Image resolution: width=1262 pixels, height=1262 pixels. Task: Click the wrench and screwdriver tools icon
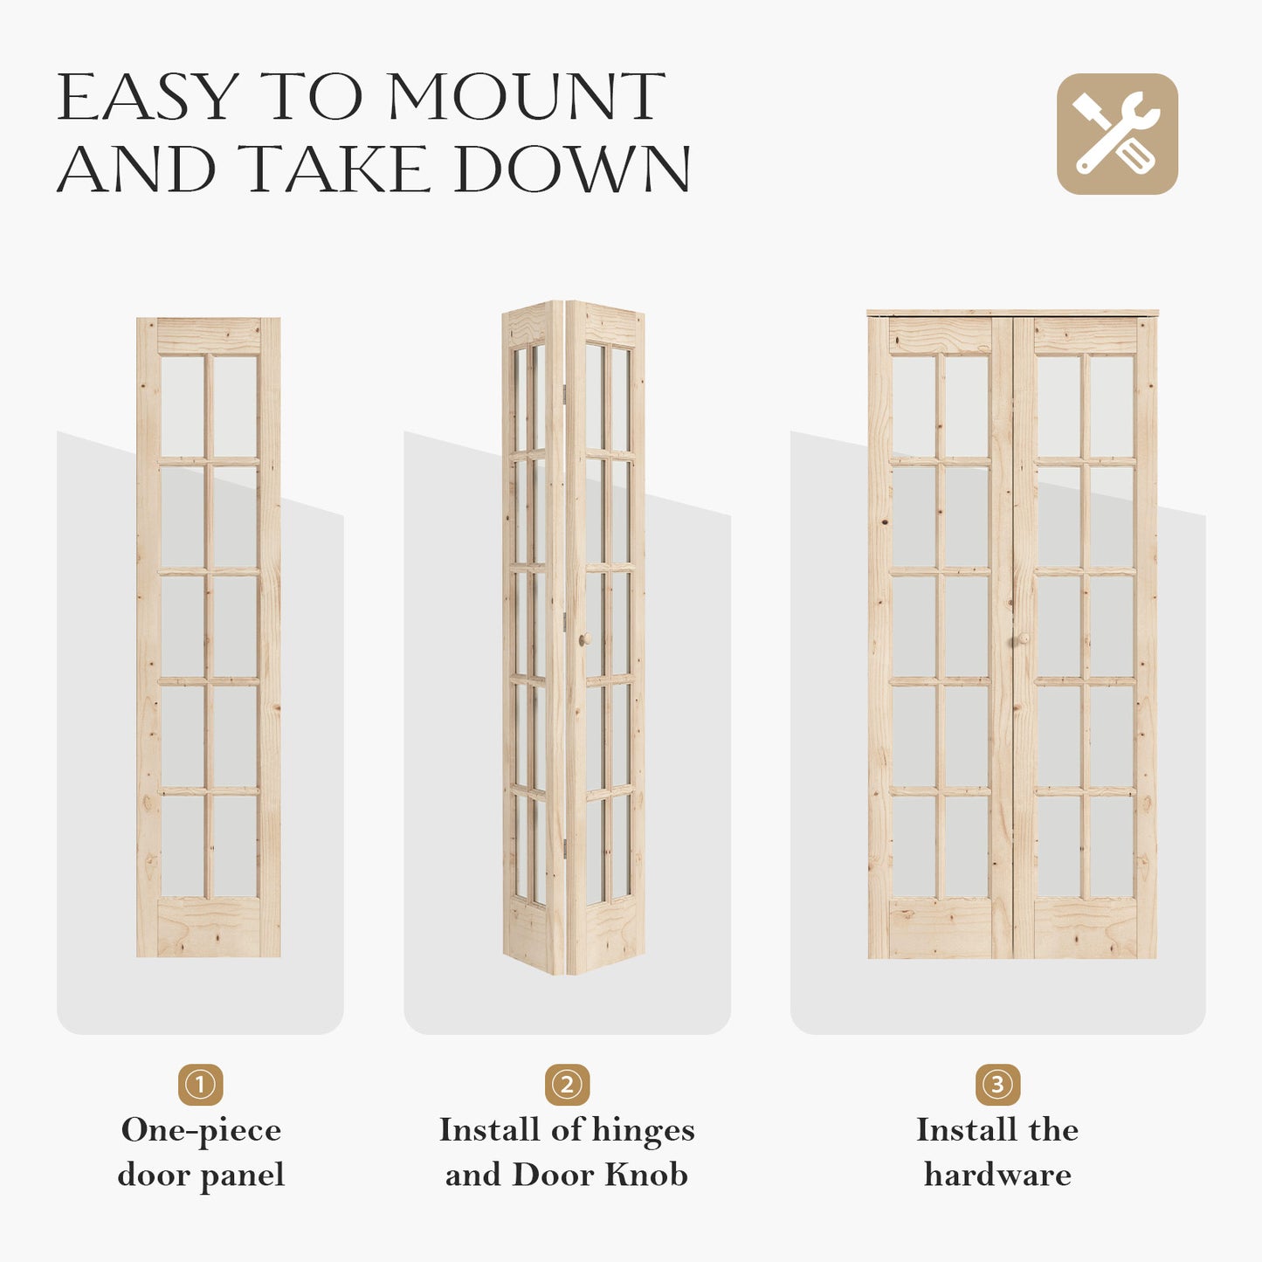point(1117,134)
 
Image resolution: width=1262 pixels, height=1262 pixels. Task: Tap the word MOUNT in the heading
point(526,97)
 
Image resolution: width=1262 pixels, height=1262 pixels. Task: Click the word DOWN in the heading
point(572,169)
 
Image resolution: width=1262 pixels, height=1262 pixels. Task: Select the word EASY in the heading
point(148,97)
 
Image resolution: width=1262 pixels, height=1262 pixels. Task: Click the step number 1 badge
point(200,1085)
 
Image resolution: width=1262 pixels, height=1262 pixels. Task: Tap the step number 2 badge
point(567,1085)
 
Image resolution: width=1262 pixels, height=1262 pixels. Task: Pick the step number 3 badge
point(997,1085)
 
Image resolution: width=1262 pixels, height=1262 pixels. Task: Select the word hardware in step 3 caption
point(997,1175)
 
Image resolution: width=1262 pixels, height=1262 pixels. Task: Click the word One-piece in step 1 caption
point(201,1131)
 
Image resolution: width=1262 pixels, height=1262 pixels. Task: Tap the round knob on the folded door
point(584,640)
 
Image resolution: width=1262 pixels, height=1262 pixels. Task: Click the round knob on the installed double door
point(1022,640)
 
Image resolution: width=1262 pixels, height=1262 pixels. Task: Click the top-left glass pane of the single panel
point(183,406)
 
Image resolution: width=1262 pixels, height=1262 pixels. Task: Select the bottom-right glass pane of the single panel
point(235,845)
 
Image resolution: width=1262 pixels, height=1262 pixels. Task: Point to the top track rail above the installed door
point(1012,313)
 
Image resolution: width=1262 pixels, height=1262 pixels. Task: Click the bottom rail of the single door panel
point(209,927)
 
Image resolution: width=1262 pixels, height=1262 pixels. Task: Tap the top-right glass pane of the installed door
point(1111,406)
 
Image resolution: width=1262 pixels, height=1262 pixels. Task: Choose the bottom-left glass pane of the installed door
point(914,845)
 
